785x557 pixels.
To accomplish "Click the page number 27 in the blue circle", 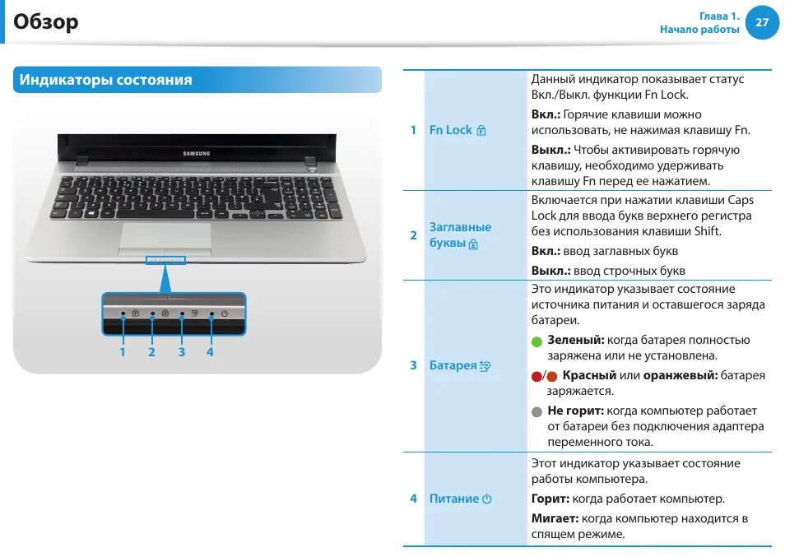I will (x=761, y=22).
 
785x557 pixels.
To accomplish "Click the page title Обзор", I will (x=46, y=21).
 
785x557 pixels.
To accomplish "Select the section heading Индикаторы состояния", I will (x=106, y=80).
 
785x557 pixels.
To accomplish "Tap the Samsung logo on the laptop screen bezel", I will (x=196, y=153).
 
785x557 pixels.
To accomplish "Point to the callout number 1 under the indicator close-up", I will (x=123, y=352).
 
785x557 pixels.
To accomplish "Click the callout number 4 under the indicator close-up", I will (x=211, y=352).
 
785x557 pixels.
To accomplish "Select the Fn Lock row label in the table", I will (x=451, y=130).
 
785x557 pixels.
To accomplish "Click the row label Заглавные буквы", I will (x=460, y=234).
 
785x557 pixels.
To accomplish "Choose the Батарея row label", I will (x=453, y=365).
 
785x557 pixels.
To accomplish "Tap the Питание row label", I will (x=454, y=499).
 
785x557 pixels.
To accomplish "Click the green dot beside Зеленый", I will (x=537, y=341).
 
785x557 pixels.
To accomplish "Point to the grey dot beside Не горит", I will (x=537, y=411).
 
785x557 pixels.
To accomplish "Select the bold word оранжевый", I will (x=680, y=375).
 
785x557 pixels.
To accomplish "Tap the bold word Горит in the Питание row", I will (x=550, y=499).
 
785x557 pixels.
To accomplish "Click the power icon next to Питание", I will (x=487, y=499).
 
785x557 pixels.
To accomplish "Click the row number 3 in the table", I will (x=413, y=365).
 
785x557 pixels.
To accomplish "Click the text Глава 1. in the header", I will (x=719, y=16).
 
